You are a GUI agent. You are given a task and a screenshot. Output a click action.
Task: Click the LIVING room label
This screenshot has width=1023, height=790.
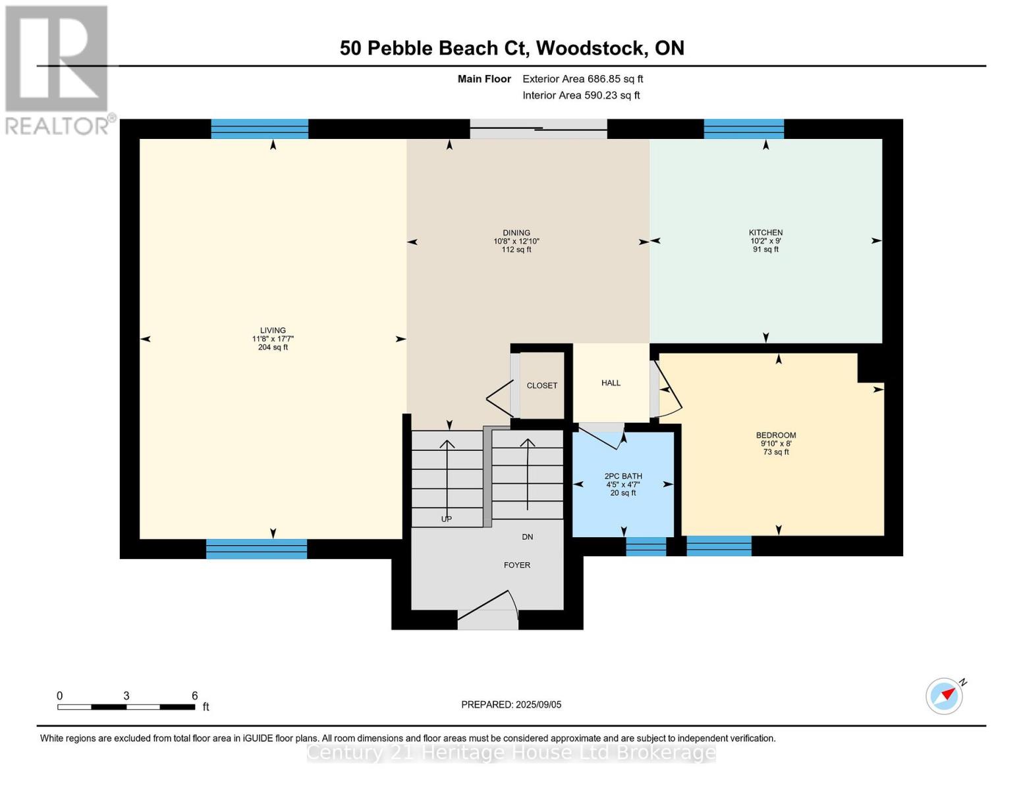click(273, 330)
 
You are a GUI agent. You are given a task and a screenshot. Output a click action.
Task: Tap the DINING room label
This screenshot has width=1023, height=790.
click(516, 233)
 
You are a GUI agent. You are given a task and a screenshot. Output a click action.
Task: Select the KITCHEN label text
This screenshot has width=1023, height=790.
click(765, 233)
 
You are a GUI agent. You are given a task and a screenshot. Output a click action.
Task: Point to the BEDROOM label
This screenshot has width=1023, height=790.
click(776, 435)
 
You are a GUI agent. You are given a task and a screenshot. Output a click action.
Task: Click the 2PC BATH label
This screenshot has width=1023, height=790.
click(623, 476)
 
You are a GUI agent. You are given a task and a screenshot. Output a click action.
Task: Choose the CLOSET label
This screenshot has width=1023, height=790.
click(541, 386)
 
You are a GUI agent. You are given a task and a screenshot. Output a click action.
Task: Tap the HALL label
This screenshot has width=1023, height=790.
click(611, 383)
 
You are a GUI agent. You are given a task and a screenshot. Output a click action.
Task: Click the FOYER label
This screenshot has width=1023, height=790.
click(517, 565)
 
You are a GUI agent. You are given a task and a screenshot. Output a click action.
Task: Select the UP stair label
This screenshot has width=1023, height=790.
click(446, 519)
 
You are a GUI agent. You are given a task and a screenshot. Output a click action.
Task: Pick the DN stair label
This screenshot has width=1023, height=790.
click(527, 537)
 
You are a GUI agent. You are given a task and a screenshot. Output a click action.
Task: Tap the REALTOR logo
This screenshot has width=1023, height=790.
click(58, 69)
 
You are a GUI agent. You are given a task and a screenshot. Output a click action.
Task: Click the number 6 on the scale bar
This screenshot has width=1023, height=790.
click(195, 696)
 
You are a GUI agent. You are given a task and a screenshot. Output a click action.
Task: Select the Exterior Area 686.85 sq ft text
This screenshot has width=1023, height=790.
click(582, 79)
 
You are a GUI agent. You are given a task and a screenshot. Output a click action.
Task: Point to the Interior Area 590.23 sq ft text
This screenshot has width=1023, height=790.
click(581, 95)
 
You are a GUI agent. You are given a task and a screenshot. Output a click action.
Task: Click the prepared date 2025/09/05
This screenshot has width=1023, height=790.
click(538, 704)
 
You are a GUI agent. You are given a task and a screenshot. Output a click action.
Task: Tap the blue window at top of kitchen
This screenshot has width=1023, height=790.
click(744, 128)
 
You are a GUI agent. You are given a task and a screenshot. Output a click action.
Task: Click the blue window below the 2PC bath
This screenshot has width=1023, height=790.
click(646, 546)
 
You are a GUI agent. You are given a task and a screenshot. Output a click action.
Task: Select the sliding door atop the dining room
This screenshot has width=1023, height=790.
click(538, 128)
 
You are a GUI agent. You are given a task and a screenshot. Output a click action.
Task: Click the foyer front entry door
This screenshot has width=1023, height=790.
click(488, 619)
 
